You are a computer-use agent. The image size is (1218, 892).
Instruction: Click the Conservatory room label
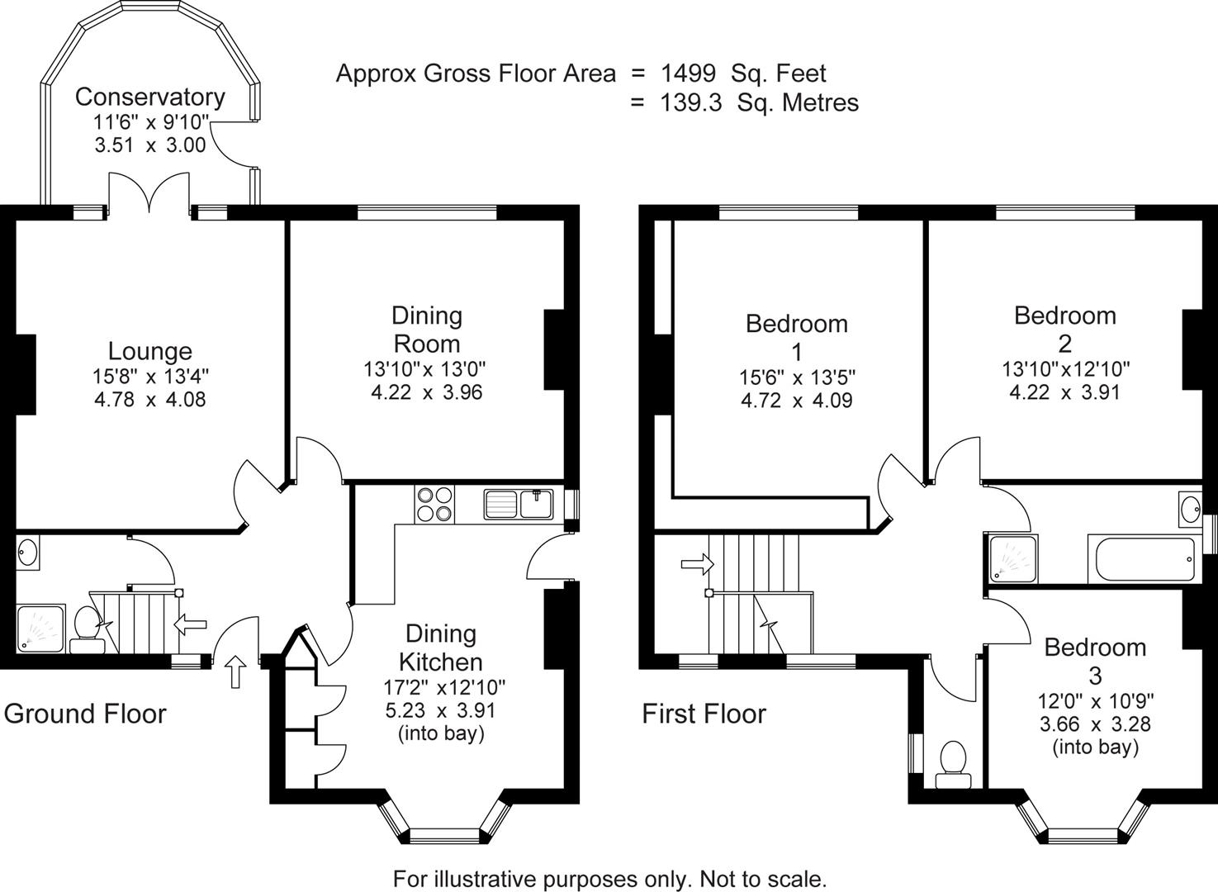click(149, 97)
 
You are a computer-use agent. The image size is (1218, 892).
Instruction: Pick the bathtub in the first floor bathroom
click(1145, 561)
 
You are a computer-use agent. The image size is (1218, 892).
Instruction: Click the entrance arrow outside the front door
click(235, 671)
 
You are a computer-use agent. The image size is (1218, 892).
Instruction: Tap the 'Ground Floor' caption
click(85, 714)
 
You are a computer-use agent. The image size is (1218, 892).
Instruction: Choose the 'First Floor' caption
click(704, 714)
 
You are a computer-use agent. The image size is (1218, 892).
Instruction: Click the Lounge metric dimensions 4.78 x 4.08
click(149, 400)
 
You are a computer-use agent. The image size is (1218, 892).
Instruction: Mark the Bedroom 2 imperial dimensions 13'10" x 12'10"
click(1065, 368)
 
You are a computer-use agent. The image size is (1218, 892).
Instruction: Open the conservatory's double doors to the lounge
click(149, 194)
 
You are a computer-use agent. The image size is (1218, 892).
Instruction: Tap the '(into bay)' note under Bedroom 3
click(1095, 747)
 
